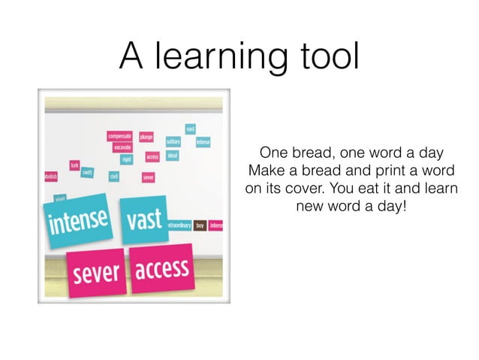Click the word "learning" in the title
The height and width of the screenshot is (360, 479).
pyautogui.click(x=218, y=56)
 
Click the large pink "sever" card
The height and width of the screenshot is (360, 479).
pyautogui.click(x=97, y=271)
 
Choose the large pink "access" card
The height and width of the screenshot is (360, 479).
pyautogui.click(x=161, y=266)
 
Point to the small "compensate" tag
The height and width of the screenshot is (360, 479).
pyautogui.click(x=120, y=136)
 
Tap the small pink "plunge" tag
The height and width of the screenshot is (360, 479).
pyautogui.click(x=146, y=137)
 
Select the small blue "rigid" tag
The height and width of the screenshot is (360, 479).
pyautogui.click(x=127, y=158)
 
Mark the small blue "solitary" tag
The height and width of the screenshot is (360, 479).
pyautogui.click(x=173, y=141)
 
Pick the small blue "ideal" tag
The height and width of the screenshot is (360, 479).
pyautogui.click(x=173, y=156)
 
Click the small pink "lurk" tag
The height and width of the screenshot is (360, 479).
pyautogui.click(x=74, y=164)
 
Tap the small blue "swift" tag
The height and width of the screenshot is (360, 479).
pyautogui.click(x=87, y=172)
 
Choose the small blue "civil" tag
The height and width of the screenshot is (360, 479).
pyautogui.click(x=114, y=177)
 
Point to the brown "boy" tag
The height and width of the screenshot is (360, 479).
pyautogui.click(x=200, y=225)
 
